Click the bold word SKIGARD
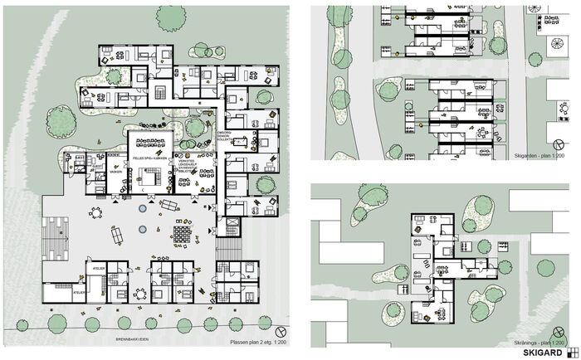coord(540,352)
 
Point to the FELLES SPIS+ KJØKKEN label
coord(150,158)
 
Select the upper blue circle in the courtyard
coord(142,209)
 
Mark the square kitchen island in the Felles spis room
coord(153,176)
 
